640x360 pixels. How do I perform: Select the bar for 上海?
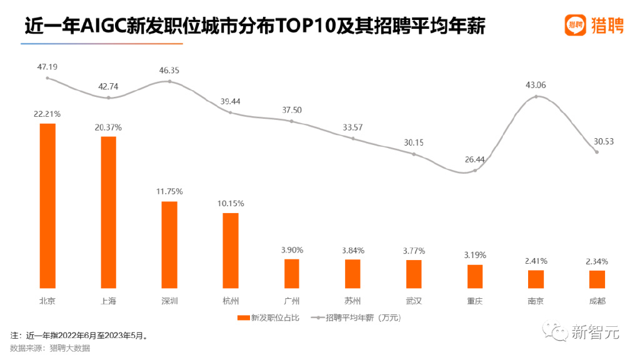pos(108,212)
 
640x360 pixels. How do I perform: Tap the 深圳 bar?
pos(169,244)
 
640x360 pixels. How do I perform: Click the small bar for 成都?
pos(597,279)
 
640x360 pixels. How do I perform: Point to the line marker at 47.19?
pos(47,78)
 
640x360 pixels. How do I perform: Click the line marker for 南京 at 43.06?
pos(536,96)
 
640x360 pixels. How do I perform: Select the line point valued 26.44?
pos(475,171)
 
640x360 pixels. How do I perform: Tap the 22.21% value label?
pos(47,114)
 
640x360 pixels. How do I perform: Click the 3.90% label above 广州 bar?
pos(292,250)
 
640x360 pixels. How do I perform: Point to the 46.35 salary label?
pos(169,71)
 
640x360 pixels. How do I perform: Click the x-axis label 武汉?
pos(414,301)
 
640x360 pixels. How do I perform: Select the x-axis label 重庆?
pos(475,301)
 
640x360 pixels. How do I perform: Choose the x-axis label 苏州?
pos(352,301)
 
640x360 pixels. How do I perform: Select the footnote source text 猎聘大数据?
pos(70,348)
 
